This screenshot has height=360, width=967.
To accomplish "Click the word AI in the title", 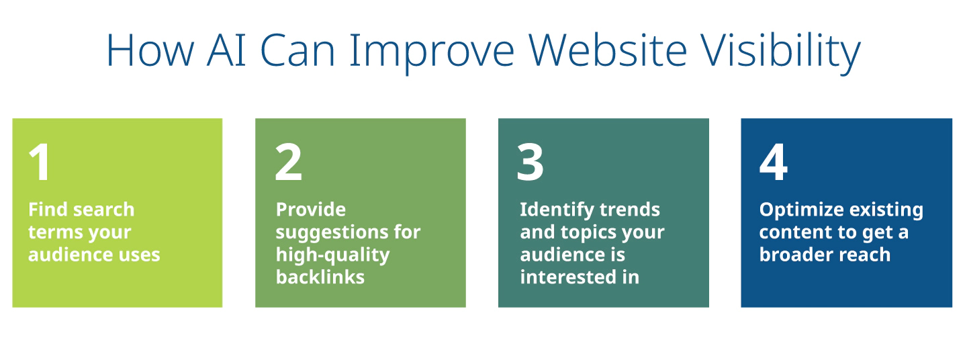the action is coord(227,50).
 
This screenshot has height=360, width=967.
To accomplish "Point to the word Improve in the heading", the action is coord(432,54).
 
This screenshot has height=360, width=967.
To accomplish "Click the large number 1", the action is coord(40,162).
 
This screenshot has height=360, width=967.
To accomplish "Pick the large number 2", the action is coord(288,162).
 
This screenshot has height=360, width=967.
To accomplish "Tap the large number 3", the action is coord(530,163).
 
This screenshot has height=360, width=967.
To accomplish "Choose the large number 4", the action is coord(774,163).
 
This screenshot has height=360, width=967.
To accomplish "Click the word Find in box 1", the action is coord(48,210).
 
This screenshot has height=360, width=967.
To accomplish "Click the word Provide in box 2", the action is coord(311,210).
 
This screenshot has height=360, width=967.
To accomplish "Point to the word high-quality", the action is coord(333,255).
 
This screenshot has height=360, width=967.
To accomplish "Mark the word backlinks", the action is coord(320,277).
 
